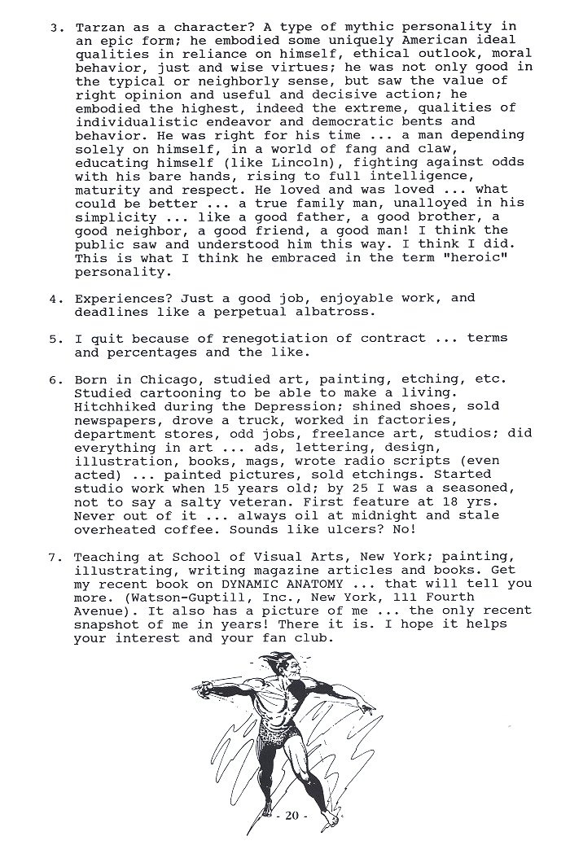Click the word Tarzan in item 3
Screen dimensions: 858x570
click(98, 27)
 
